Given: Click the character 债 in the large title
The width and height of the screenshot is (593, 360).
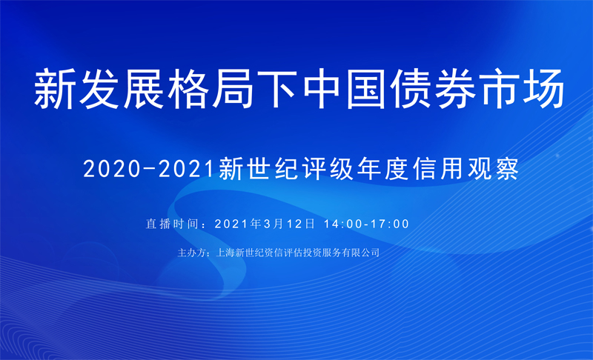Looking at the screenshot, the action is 411,89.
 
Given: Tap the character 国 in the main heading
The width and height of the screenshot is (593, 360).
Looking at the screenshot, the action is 367,89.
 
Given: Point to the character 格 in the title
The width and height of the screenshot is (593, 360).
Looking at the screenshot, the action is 188,89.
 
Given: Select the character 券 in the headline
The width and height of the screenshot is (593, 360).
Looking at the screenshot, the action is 455,89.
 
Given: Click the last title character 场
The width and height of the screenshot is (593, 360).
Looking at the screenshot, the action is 544,89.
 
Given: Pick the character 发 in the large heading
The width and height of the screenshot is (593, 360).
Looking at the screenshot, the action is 99,89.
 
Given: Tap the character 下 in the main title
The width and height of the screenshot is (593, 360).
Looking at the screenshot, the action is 277,89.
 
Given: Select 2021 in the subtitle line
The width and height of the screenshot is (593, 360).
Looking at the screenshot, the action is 186,169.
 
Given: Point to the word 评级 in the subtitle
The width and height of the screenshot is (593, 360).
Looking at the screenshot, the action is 328,169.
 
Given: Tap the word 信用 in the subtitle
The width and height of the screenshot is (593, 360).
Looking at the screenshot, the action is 438,169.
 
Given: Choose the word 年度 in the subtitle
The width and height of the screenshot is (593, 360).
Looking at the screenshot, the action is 383,169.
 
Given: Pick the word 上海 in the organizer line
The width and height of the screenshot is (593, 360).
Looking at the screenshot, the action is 225,253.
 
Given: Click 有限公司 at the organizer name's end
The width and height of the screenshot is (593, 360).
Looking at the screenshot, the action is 360,253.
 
